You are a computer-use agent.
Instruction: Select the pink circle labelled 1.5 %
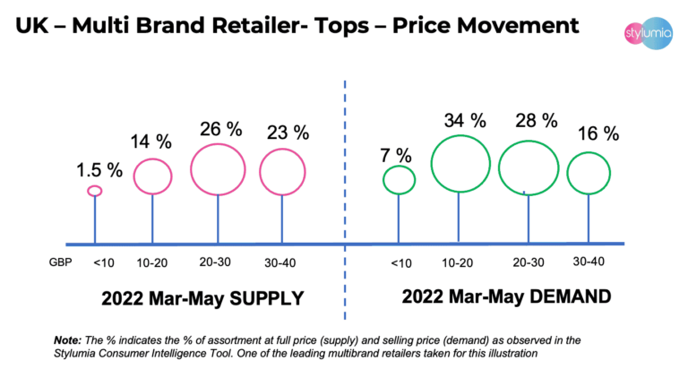coord(94,190)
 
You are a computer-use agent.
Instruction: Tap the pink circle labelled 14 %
coord(152,175)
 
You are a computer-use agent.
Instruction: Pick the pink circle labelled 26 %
coord(219,167)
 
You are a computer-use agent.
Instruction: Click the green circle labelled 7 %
coord(399,180)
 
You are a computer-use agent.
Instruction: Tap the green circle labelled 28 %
coord(528,166)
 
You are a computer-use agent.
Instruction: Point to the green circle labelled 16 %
coord(589,173)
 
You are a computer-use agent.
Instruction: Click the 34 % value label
coord(465,118)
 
